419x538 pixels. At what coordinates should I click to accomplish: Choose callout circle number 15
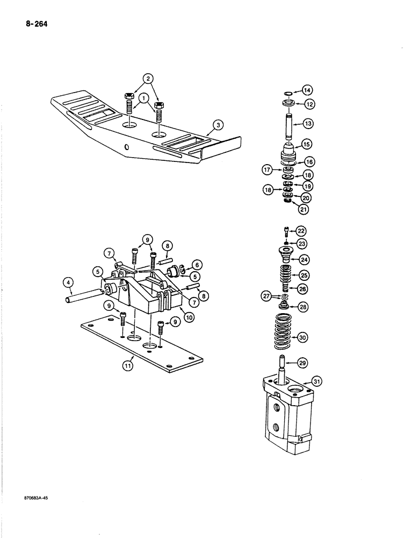point(307,145)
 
